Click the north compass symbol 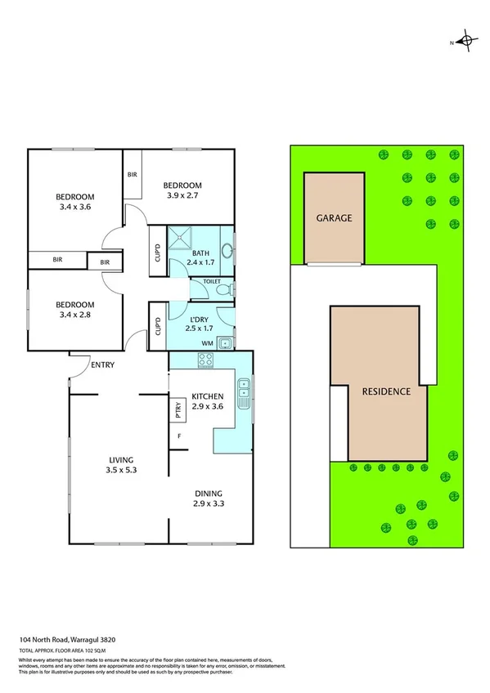(x=465, y=40)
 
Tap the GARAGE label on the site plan (x=335, y=218)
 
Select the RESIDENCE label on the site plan (x=385, y=391)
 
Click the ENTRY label (x=103, y=364)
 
